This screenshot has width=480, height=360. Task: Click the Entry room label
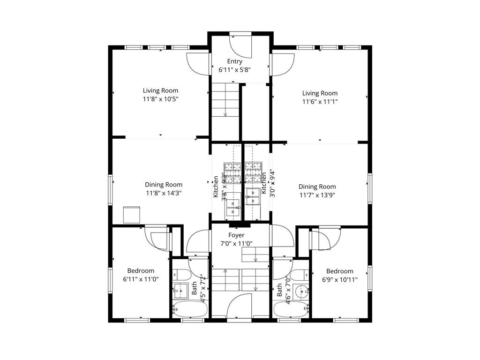[235, 61]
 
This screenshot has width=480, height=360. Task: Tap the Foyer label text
[236, 235]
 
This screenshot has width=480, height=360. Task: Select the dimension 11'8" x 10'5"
[160, 99]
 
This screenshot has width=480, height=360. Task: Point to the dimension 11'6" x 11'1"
[320, 101]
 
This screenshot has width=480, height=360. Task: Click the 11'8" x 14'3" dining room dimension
[163, 193]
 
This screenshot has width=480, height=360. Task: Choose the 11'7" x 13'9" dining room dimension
[317, 195]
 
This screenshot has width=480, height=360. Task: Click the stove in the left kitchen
[231, 172]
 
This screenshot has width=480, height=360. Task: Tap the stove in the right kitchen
[253, 172]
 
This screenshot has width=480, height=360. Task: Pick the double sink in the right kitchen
[253, 197]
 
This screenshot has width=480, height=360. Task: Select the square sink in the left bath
[180, 291]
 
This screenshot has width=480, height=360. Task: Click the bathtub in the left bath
[187, 309]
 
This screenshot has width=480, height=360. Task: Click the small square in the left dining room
[132, 215]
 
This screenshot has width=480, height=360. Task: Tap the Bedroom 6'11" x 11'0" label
[141, 275]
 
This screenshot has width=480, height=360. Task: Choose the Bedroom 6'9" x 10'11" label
[339, 275]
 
